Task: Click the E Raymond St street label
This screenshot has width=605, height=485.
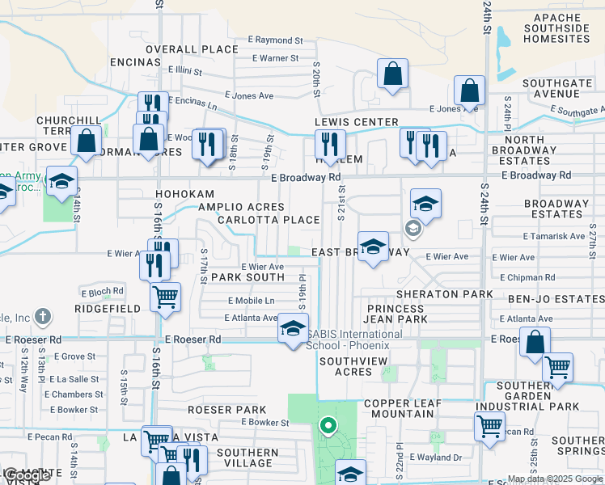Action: point(275,40)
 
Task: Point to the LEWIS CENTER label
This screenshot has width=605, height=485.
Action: point(357,122)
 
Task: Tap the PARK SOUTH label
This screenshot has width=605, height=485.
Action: point(247,277)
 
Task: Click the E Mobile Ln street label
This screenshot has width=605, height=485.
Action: point(252,300)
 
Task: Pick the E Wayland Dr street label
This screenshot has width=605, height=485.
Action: point(435,458)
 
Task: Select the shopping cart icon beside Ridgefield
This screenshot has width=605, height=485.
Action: point(166,297)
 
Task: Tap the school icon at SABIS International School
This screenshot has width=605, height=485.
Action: point(293,329)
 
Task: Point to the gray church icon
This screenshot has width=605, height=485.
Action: point(44,316)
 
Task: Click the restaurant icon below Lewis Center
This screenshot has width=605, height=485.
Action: point(329,145)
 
